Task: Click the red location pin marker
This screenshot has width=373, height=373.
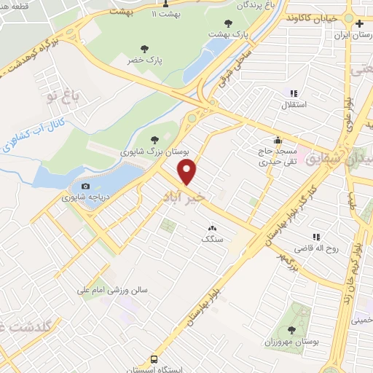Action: pos(188,172)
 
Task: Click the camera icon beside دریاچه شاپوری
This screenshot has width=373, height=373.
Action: pos(85,186)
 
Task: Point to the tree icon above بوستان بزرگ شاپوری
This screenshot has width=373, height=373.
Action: pos(153,141)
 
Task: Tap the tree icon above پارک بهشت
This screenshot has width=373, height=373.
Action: pos(229,23)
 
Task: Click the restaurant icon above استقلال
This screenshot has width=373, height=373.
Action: pos(294,94)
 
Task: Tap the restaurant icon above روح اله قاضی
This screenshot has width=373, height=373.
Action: pos(316,237)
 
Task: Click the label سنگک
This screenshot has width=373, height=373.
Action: pos(212,239)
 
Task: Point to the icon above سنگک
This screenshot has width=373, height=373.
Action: pos(212,228)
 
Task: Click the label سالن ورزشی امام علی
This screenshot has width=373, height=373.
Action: pos(113,290)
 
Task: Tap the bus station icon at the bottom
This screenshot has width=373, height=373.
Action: pos(154,359)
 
